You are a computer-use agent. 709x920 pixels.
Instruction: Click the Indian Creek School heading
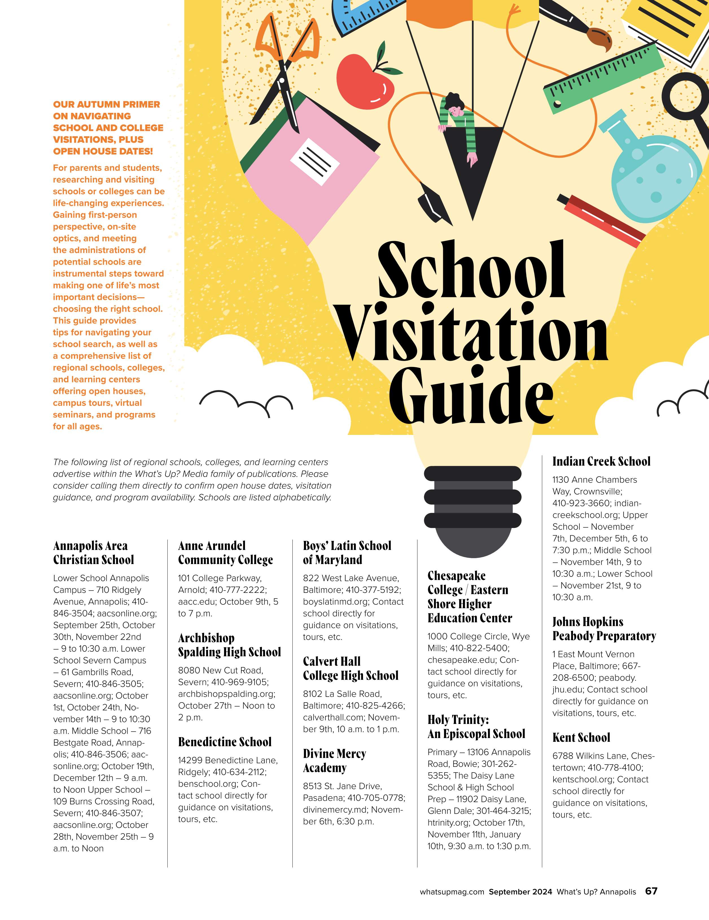point(601,461)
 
